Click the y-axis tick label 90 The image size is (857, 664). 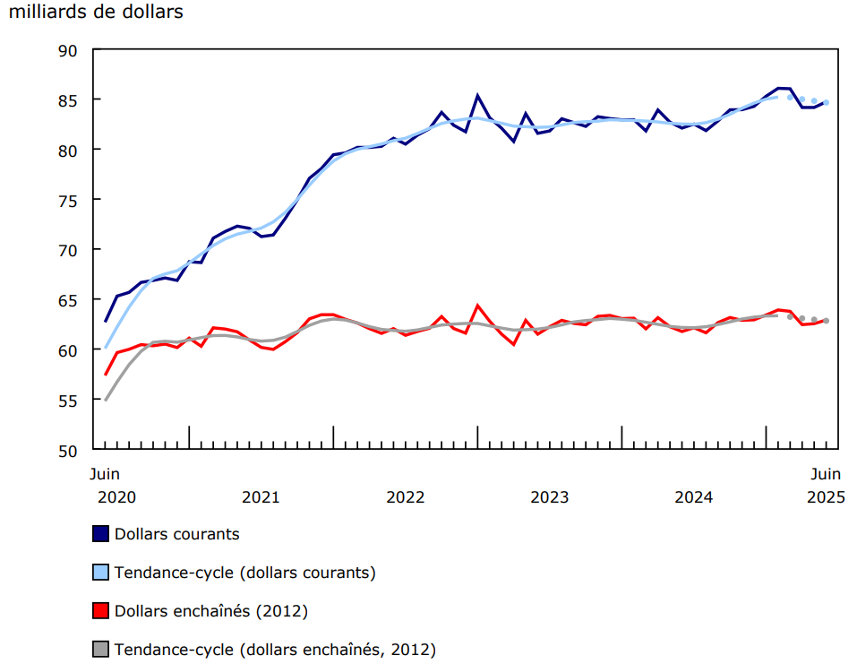point(68,49)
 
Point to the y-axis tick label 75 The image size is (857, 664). point(68,199)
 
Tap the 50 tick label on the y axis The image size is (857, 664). point(68,450)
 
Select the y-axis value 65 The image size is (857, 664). point(68,299)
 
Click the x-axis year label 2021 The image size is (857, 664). point(261,496)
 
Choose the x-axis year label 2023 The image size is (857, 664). point(549,496)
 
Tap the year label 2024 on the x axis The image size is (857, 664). point(693,496)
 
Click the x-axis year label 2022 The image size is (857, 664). point(405,496)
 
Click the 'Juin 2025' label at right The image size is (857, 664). point(825,485)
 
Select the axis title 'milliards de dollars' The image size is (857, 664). point(95,13)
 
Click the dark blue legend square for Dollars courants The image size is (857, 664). point(101,534)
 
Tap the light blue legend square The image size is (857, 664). point(101,573)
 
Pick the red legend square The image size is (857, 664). point(101,611)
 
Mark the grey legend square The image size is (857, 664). point(101,650)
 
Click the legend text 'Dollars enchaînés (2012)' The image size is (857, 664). point(211,611)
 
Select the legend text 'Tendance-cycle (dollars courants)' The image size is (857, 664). point(244,573)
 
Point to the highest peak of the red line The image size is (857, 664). point(477,306)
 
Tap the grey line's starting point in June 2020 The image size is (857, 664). point(106,400)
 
